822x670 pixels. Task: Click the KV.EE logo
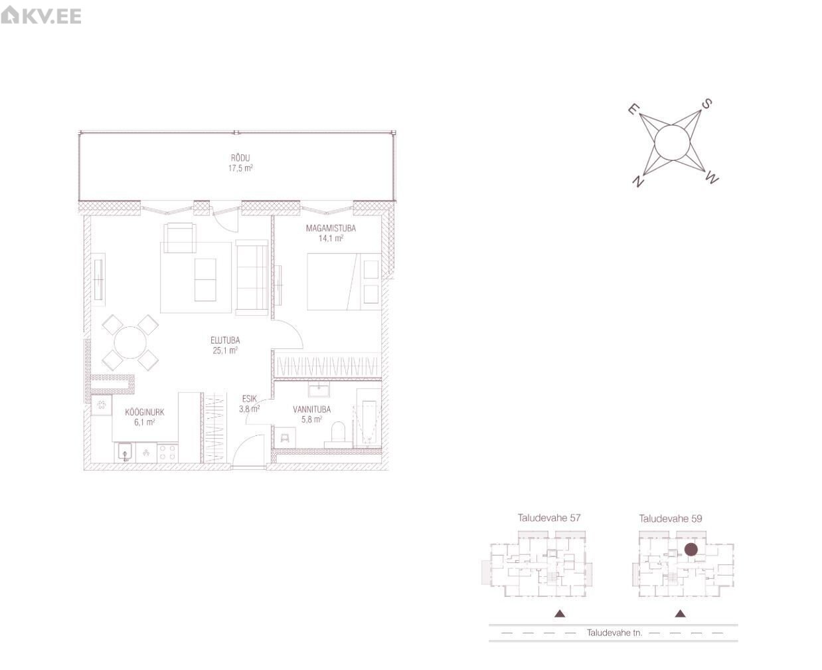pos(41,16)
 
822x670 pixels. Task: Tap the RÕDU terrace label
pos(240,158)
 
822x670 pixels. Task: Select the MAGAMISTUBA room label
pos(331,228)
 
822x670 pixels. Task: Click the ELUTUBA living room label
pos(225,340)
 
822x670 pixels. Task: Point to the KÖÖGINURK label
pos(144,412)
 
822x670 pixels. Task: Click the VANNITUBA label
pos(311,409)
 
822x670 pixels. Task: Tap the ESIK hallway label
pos(249,399)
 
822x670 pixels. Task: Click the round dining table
pos(130,342)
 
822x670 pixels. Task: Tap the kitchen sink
pos(124,453)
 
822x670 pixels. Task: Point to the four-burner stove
pos(167,453)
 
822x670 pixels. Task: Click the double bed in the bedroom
pos(343,282)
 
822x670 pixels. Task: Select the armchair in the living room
pos(180,238)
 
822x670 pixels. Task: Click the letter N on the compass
pos(637,180)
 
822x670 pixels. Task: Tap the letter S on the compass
pos(706,104)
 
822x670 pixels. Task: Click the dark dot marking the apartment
pos(691,550)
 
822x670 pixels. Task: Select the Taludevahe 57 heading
pos(548,518)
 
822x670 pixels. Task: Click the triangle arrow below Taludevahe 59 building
pos(680,614)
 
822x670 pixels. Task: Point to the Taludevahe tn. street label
pos(614,633)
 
